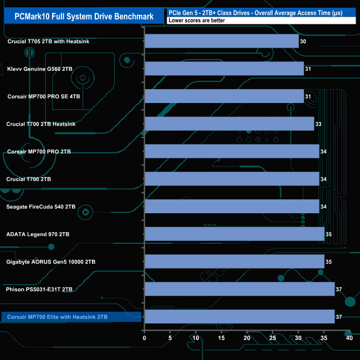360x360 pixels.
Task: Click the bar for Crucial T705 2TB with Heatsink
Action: click(222, 41)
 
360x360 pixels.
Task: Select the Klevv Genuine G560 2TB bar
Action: click(224, 69)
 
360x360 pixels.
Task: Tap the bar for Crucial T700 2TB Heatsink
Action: click(229, 124)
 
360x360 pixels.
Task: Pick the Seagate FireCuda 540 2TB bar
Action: click(232, 207)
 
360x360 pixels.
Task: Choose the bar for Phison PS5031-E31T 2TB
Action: click(239, 289)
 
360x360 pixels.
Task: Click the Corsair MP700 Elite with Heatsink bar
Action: click(239, 317)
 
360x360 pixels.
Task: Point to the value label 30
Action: click(303, 41)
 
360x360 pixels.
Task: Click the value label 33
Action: click(318, 124)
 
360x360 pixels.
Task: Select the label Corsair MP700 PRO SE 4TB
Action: click(44, 96)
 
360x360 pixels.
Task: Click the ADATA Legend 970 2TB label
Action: click(38, 234)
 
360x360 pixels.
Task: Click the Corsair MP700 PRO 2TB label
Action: click(39, 151)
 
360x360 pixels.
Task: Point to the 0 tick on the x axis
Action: click(145, 337)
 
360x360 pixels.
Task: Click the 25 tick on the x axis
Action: click(272, 337)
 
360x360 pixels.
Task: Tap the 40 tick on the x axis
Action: click(349, 337)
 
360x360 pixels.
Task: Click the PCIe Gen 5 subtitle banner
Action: click(260, 12)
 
